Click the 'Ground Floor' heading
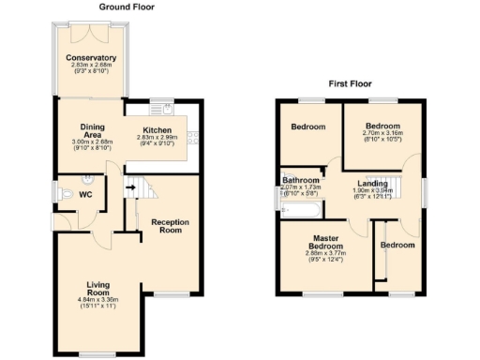click(127, 7)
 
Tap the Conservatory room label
click(91, 58)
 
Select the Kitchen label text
click(157, 130)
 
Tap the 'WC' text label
click(85, 195)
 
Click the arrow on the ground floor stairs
click(130, 187)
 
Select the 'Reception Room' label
click(171, 227)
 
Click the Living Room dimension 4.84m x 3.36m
click(98, 298)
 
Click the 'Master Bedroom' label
click(326, 244)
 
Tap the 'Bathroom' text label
click(301, 180)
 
